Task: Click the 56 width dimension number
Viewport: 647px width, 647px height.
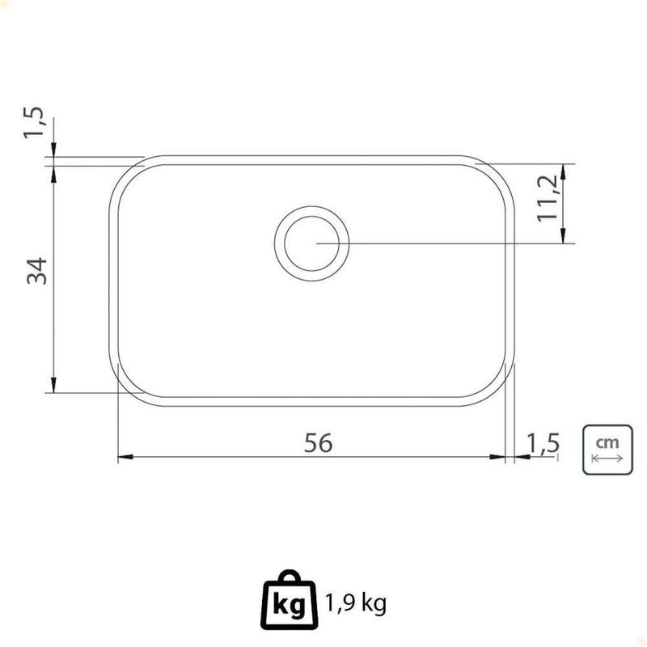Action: pos(318,442)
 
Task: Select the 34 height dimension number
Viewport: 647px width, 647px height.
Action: pos(37,271)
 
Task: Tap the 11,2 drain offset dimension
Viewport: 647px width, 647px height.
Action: pos(548,198)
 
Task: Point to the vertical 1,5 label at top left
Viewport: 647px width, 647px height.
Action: pos(34,123)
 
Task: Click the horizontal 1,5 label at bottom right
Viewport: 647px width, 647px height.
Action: pos(543,443)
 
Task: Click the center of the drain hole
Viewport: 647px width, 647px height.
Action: pos(312,243)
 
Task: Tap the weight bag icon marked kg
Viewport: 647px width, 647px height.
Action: pos(290,600)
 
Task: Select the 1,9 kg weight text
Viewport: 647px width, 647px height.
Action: pos(356,603)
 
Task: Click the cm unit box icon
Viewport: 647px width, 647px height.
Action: pos(607,450)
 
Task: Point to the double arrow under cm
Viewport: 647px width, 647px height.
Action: pos(607,459)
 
